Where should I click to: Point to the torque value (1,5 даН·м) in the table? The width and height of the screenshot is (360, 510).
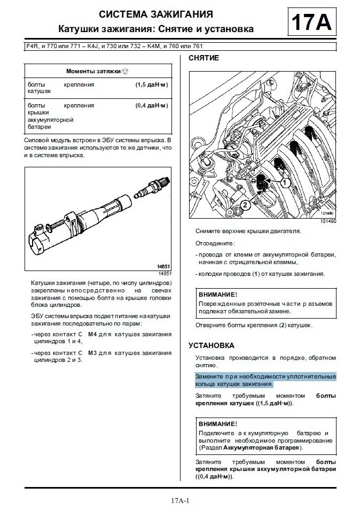click(x=152, y=84)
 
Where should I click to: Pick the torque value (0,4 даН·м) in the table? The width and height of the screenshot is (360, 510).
click(x=152, y=105)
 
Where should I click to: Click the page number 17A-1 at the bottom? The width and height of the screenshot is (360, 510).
click(x=181, y=500)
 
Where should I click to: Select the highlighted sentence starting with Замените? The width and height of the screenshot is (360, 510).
click(x=265, y=380)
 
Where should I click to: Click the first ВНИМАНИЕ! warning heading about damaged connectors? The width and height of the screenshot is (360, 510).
click(x=217, y=295)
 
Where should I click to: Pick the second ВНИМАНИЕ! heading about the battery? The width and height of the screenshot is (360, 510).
click(x=217, y=423)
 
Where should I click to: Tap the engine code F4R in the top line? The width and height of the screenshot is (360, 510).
click(x=32, y=47)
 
